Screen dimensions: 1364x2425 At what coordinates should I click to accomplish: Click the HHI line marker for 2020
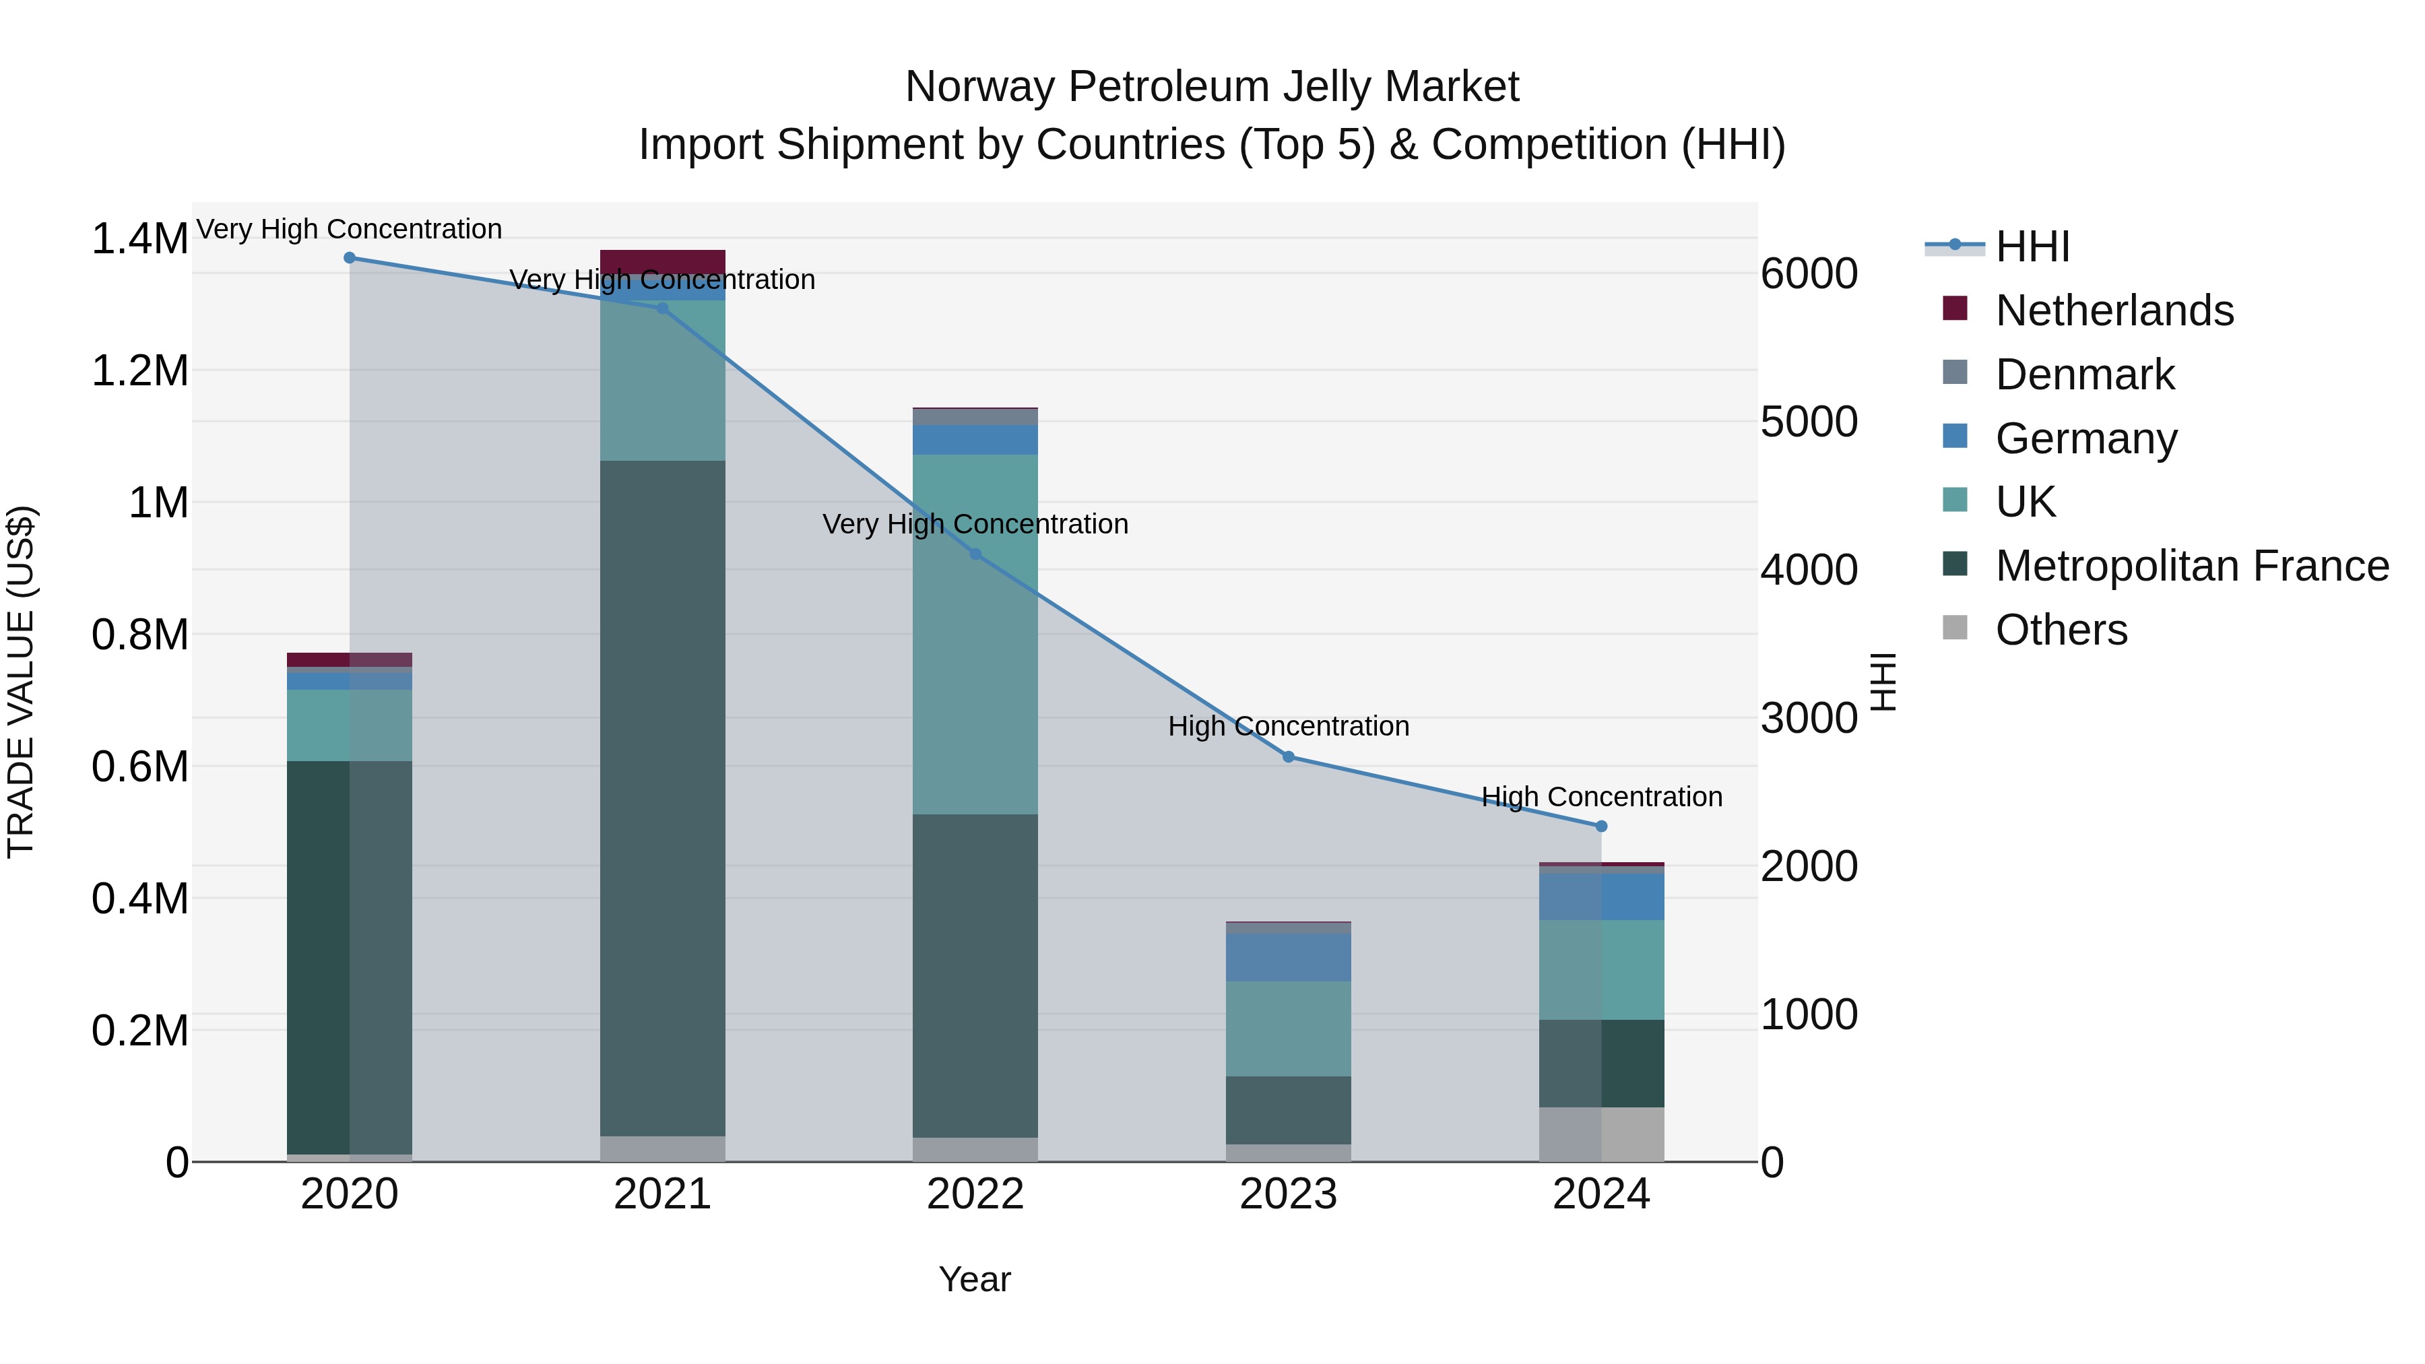pyautogui.click(x=349, y=257)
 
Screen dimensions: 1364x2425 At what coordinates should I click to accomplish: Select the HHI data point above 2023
pyautogui.click(x=1288, y=757)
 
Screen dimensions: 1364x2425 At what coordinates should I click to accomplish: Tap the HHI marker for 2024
pyautogui.click(x=1601, y=826)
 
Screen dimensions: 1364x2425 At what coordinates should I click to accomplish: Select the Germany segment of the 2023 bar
pyautogui.click(x=1288, y=956)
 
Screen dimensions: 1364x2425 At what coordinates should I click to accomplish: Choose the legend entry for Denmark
pyautogui.click(x=2083, y=375)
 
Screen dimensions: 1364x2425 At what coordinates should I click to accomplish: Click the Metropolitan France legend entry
pyautogui.click(x=2191, y=566)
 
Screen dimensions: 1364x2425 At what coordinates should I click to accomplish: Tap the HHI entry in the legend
pyautogui.click(x=2032, y=247)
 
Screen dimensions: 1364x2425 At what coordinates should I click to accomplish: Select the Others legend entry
pyautogui.click(x=2060, y=630)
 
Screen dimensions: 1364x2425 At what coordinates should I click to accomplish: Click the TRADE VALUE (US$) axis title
pyautogui.click(x=21, y=682)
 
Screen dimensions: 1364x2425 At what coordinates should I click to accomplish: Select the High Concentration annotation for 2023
pyautogui.click(x=1288, y=725)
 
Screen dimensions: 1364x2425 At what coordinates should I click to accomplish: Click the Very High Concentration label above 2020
pyautogui.click(x=349, y=229)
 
